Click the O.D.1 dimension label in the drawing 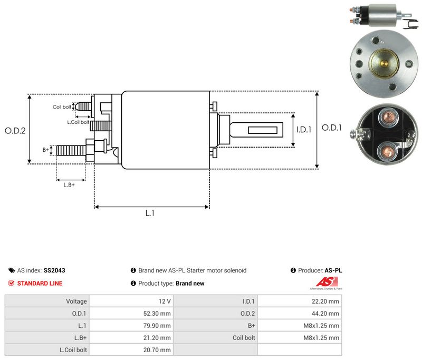click(x=332, y=128)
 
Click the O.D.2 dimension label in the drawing click(x=15, y=131)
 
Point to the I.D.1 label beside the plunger click(x=304, y=130)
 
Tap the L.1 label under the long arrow click(x=150, y=213)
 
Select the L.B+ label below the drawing click(x=69, y=185)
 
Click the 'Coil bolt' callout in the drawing click(x=62, y=107)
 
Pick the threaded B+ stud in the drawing click(x=71, y=150)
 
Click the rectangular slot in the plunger click(x=263, y=130)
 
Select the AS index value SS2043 click(x=54, y=270)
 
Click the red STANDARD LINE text click(x=40, y=284)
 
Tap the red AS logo click(x=327, y=282)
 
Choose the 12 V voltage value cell click(x=131, y=301)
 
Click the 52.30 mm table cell click(x=131, y=314)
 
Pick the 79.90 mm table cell click(x=131, y=326)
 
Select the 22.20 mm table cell click(x=300, y=301)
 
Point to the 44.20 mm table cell click(x=300, y=314)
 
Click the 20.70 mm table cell click(x=131, y=350)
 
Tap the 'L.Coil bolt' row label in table click(x=73, y=350)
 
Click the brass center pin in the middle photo click(x=384, y=64)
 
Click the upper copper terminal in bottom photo click(x=388, y=118)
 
